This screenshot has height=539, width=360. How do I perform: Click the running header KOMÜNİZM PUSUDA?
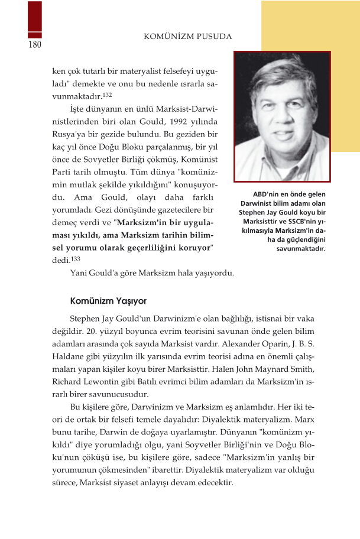click(187, 37)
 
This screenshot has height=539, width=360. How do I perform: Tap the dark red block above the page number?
click(35, 20)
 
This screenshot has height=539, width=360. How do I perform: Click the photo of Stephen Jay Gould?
click(282, 116)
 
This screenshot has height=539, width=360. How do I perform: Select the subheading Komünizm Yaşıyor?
click(108, 300)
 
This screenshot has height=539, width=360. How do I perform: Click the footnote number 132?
click(107, 95)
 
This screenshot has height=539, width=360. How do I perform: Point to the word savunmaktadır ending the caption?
click(301, 248)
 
